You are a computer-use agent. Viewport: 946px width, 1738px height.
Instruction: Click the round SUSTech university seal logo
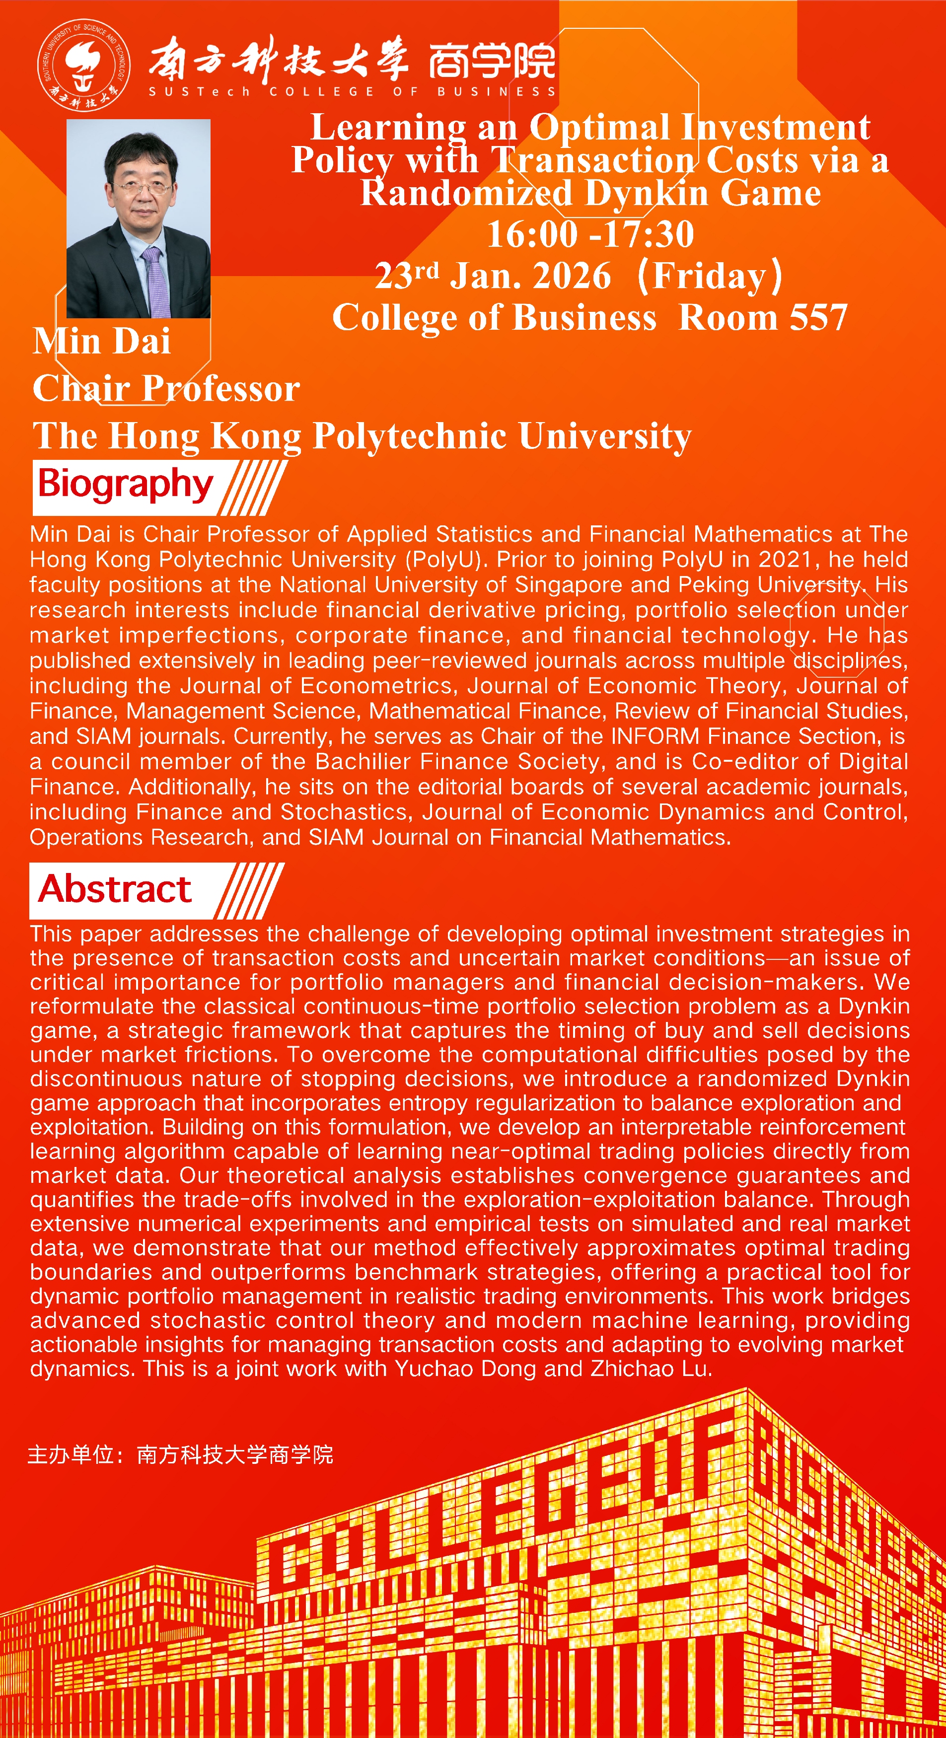[x=83, y=65]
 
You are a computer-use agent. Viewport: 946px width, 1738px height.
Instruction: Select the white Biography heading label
[x=126, y=485]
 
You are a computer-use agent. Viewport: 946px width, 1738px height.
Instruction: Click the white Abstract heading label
[x=115, y=889]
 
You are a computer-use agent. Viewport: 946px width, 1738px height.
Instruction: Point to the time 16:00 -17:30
[x=590, y=234]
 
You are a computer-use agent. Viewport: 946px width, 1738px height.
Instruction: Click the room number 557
[x=818, y=317]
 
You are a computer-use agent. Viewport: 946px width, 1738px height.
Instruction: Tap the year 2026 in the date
[x=571, y=276]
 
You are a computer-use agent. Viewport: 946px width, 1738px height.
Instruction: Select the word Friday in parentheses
[x=709, y=276]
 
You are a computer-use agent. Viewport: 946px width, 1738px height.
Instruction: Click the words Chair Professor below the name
[x=166, y=389]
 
